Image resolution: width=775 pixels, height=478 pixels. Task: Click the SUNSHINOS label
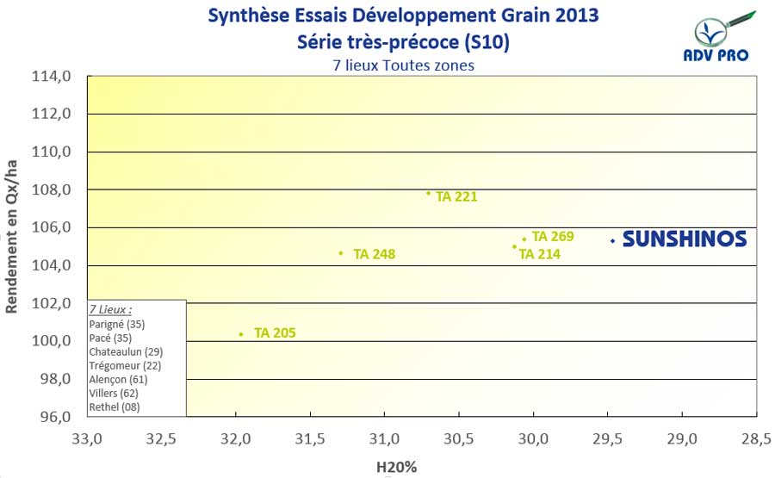[x=684, y=239]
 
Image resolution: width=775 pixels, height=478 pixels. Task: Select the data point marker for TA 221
[x=429, y=193]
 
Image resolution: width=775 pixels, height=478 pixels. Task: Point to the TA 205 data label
[x=275, y=332]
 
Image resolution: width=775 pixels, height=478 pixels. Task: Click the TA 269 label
[x=553, y=236]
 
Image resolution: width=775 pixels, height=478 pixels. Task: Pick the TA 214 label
[x=540, y=254]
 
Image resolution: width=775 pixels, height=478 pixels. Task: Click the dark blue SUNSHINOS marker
[x=612, y=241]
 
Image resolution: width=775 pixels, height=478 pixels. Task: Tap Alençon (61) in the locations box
[x=119, y=379]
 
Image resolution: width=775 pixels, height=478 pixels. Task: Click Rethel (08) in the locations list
[x=115, y=407]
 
